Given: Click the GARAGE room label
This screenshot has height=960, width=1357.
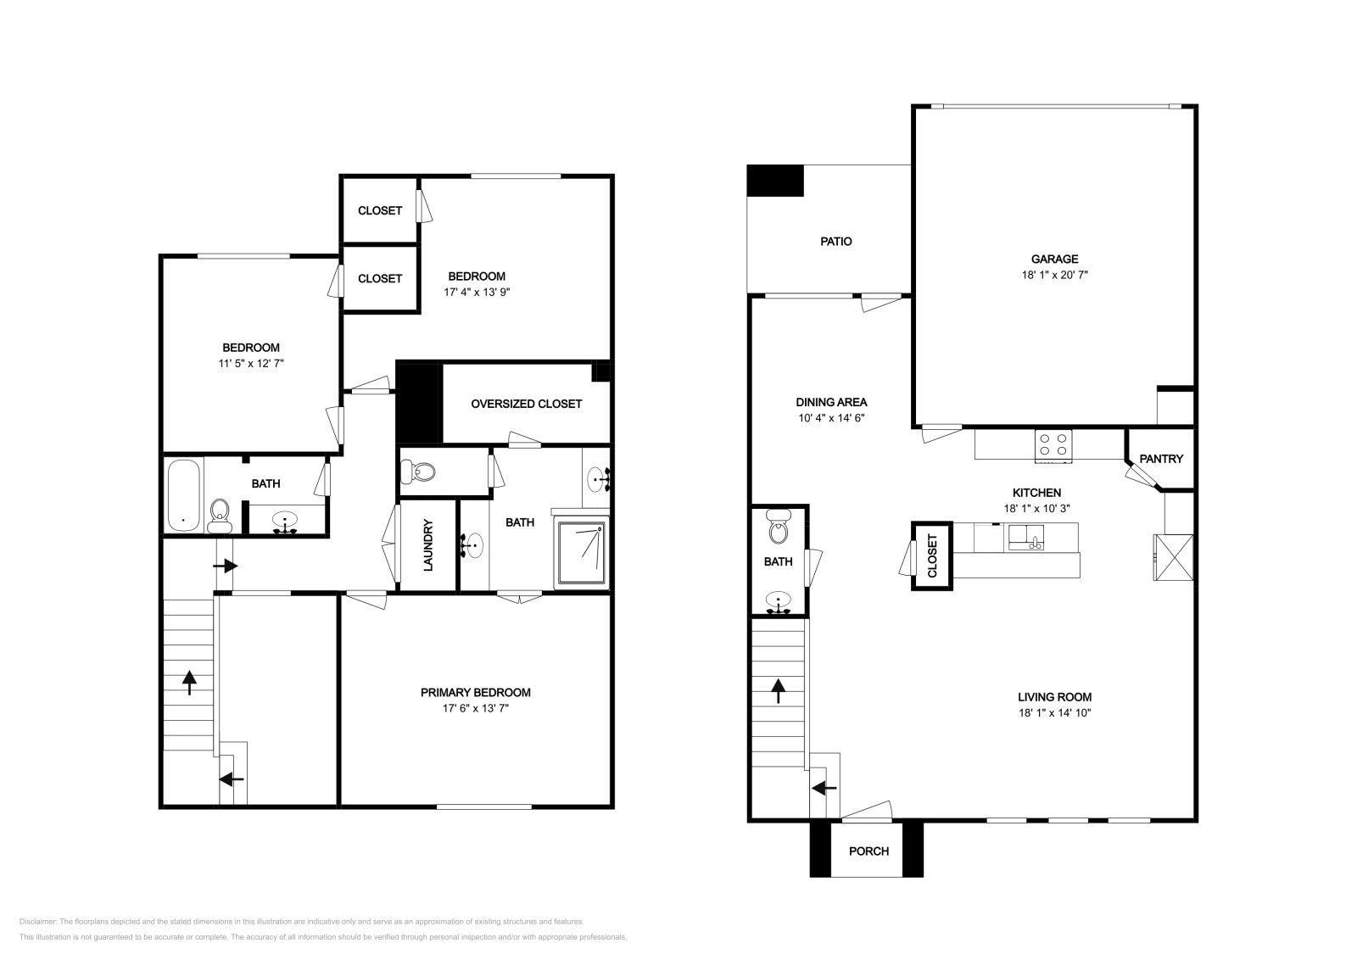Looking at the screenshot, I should (x=1054, y=259).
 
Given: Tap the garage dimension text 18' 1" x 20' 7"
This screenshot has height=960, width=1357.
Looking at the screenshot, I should (x=1054, y=275).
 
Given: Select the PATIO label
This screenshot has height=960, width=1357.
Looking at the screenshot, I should (x=835, y=242).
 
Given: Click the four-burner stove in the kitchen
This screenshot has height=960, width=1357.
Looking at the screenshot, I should (x=1053, y=445).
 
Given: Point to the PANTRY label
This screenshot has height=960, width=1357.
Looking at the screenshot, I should (x=1160, y=459).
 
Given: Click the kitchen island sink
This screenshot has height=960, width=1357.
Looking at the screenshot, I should (x=1026, y=537).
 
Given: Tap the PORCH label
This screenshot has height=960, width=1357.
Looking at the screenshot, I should (x=868, y=851).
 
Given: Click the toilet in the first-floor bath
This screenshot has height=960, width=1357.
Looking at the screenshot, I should (x=778, y=529).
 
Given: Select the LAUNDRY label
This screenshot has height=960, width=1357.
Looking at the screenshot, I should (x=428, y=544).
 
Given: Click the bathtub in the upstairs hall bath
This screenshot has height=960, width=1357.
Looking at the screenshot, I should (x=184, y=494).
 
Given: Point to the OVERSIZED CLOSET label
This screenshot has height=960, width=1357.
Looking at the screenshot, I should (x=526, y=404).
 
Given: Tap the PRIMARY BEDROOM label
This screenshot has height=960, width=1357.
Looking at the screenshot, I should (x=476, y=692).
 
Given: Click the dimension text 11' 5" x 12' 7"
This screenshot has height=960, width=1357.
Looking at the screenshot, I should (x=250, y=363).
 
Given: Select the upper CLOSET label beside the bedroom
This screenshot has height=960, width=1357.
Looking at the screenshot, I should (x=379, y=210).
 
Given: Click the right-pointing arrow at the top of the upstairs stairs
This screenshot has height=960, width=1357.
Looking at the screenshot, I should (x=224, y=566).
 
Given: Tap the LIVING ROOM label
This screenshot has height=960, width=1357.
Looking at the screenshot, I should (x=1054, y=697).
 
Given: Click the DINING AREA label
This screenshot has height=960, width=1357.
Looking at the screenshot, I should (x=831, y=402).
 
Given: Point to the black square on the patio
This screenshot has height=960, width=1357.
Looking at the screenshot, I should (x=774, y=181).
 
